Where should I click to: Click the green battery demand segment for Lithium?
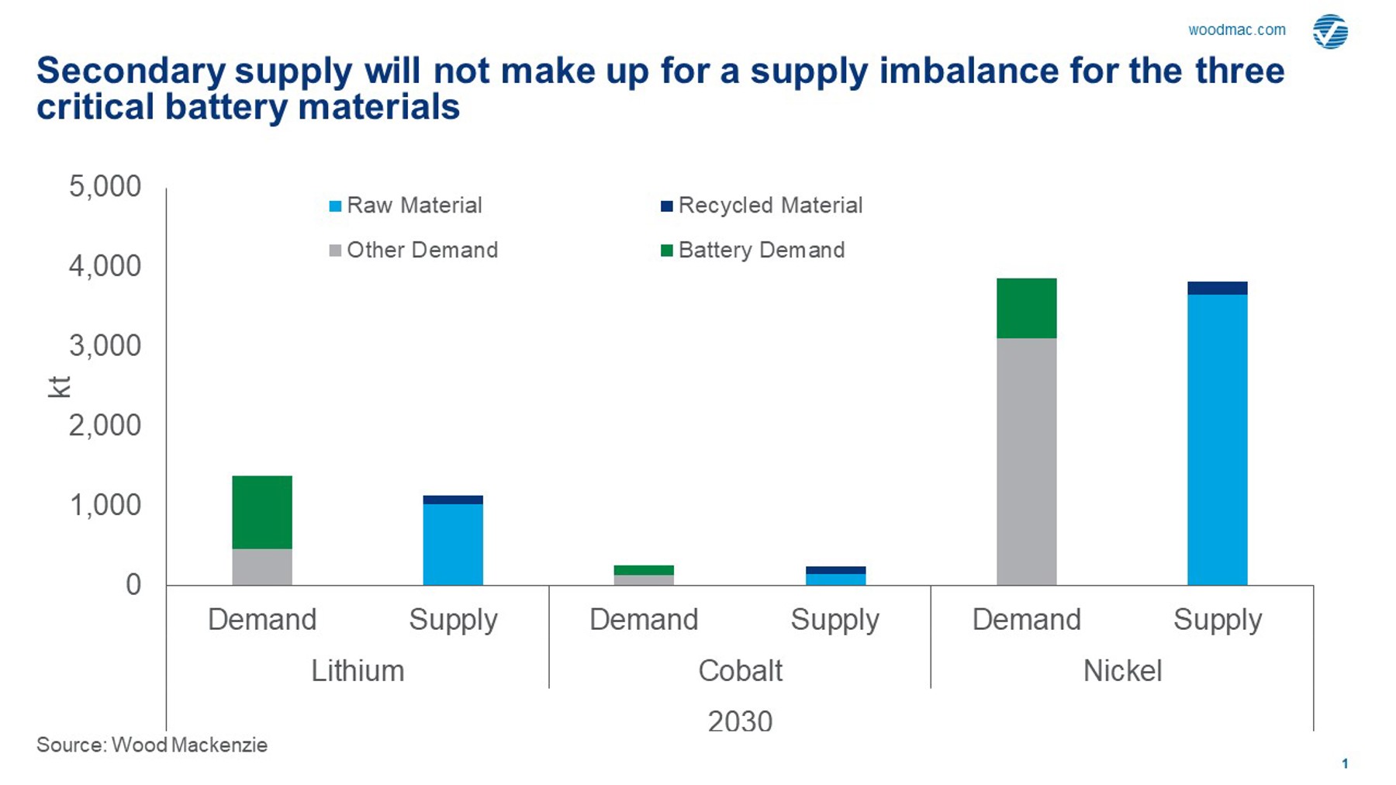point(262,512)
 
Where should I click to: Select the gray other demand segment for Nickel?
point(1026,462)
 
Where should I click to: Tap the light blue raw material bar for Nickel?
point(1217,440)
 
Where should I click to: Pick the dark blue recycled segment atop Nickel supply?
point(1217,289)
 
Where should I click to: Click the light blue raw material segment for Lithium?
point(453,545)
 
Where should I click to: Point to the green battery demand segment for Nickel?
point(1026,308)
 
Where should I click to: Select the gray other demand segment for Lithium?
point(262,567)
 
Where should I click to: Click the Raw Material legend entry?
point(406,206)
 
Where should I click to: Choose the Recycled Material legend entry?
point(762,206)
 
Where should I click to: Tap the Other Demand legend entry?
point(413,250)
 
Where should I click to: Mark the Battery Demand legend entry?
point(753,250)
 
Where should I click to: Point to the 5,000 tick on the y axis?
point(105,187)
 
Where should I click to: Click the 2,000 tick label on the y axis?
point(105,425)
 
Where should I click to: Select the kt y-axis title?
point(59,387)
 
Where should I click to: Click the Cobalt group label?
point(740,671)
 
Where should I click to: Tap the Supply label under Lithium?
point(453,620)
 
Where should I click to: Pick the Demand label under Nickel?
point(1026,620)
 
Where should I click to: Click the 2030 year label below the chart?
point(740,721)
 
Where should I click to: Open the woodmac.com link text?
point(1236,30)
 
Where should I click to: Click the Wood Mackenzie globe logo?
point(1330,32)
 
